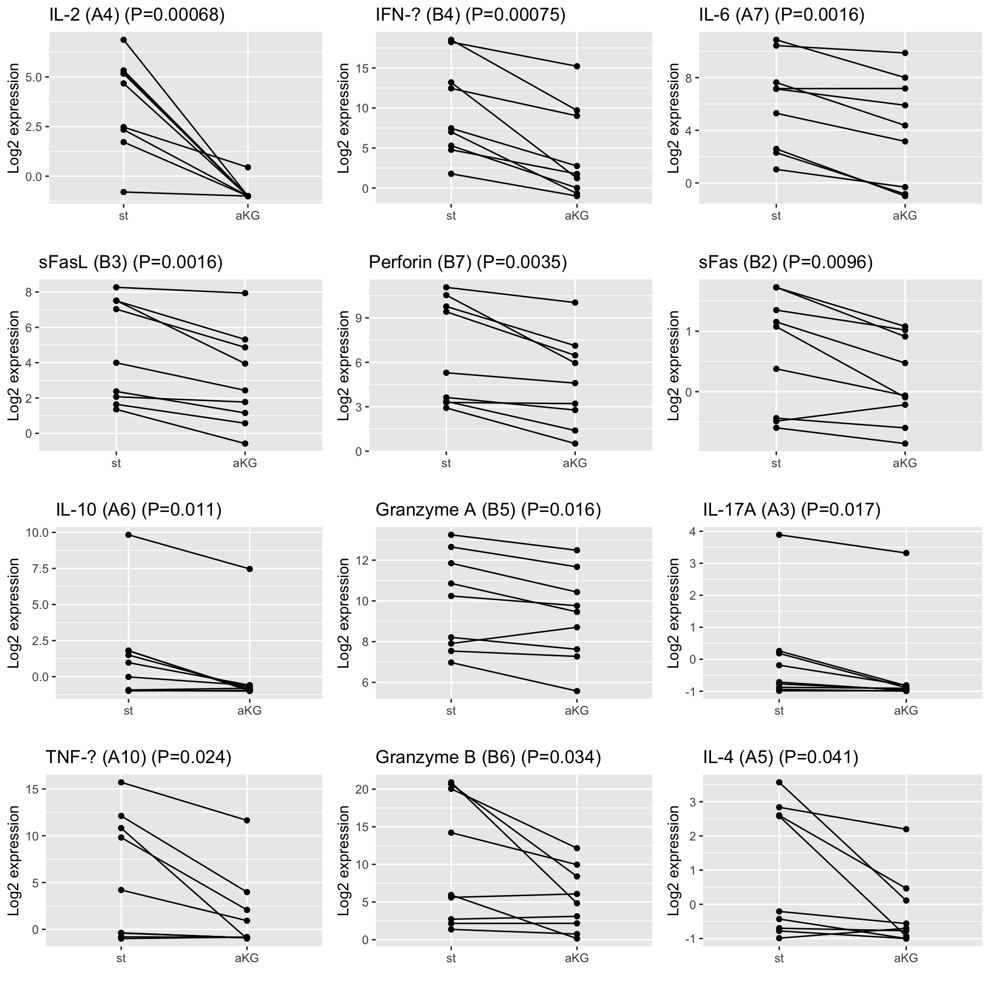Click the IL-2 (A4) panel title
(x=137, y=15)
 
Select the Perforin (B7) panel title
(x=468, y=262)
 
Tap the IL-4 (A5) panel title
(x=780, y=757)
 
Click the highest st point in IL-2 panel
(x=124, y=40)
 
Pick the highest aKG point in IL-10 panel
(x=250, y=569)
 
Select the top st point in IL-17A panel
(x=779, y=535)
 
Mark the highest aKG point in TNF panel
(x=247, y=820)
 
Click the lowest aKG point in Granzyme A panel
(x=577, y=691)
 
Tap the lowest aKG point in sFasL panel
(x=245, y=443)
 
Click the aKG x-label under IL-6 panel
(x=905, y=216)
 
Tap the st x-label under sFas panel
(x=776, y=463)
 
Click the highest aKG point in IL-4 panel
(x=906, y=829)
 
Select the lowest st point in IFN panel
(x=451, y=174)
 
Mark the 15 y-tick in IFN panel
(x=361, y=69)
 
